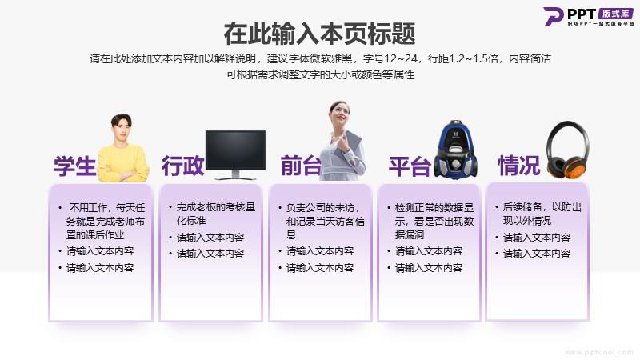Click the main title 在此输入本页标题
pos(319,34)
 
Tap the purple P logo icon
pos(553,17)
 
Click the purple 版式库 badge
pos(615,14)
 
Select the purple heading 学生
pos(74,166)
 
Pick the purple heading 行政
pos(182,166)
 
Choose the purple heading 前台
pos(301,166)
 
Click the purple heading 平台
pos(410,166)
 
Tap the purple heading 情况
pos(518,166)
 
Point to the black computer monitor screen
pos(235,150)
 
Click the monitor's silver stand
pos(235,175)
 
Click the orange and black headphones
pos(568,150)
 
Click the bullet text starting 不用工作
pos(106,222)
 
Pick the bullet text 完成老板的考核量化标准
pos(216,214)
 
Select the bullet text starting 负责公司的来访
pos(326,221)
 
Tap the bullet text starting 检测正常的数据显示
pos(434,222)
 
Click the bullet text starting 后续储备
pos(542,214)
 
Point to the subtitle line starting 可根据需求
pos(321,74)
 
